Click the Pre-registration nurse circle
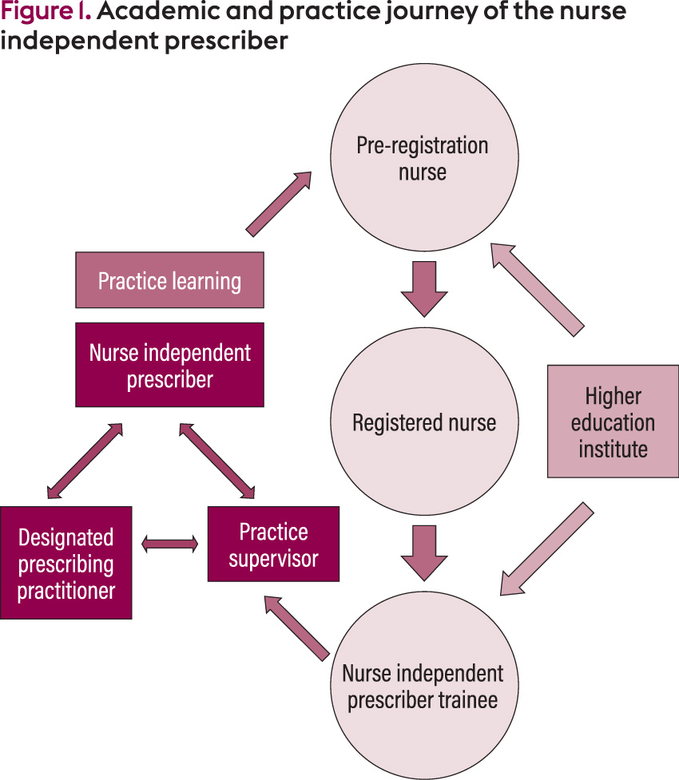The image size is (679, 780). pos(423,160)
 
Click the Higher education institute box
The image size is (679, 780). pos(613,421)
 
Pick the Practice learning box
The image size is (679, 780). pos(169,280)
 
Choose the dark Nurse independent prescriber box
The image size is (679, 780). pos(169,365)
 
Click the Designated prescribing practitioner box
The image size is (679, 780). pos(66,563)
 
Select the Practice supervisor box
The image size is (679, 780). pos(273,544)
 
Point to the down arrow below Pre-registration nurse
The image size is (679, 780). pos(423,290)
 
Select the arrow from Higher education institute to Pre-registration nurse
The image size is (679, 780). pos(537,288)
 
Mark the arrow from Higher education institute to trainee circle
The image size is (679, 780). pos(547,548)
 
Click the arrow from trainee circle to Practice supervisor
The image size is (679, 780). pos(296,628)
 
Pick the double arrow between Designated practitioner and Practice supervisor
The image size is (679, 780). pos(169,544)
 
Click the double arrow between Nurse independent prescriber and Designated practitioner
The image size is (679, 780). pos(85,461)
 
